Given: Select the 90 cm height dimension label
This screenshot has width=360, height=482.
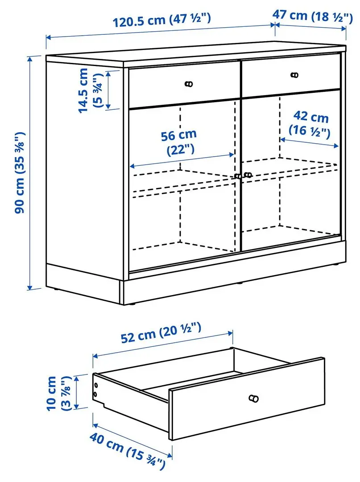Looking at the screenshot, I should point(20,172).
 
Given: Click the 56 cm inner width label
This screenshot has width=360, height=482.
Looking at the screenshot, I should point(181,141).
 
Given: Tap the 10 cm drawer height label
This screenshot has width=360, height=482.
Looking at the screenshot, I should point(58,393).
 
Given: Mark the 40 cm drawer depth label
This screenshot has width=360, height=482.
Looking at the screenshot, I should point(128,451).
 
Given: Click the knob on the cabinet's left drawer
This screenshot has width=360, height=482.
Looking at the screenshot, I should point(189,84).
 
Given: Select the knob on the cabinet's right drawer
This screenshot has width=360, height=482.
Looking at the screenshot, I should point(294,75).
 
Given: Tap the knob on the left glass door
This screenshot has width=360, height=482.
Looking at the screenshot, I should point(238,176).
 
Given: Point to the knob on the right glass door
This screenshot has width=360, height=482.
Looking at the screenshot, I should point(248,175).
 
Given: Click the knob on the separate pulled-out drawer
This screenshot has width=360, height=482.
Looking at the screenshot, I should point(254,398).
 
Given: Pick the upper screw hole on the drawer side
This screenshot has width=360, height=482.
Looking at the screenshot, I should point(95,385).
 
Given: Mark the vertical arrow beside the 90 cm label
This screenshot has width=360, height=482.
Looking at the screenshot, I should point(31,173).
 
